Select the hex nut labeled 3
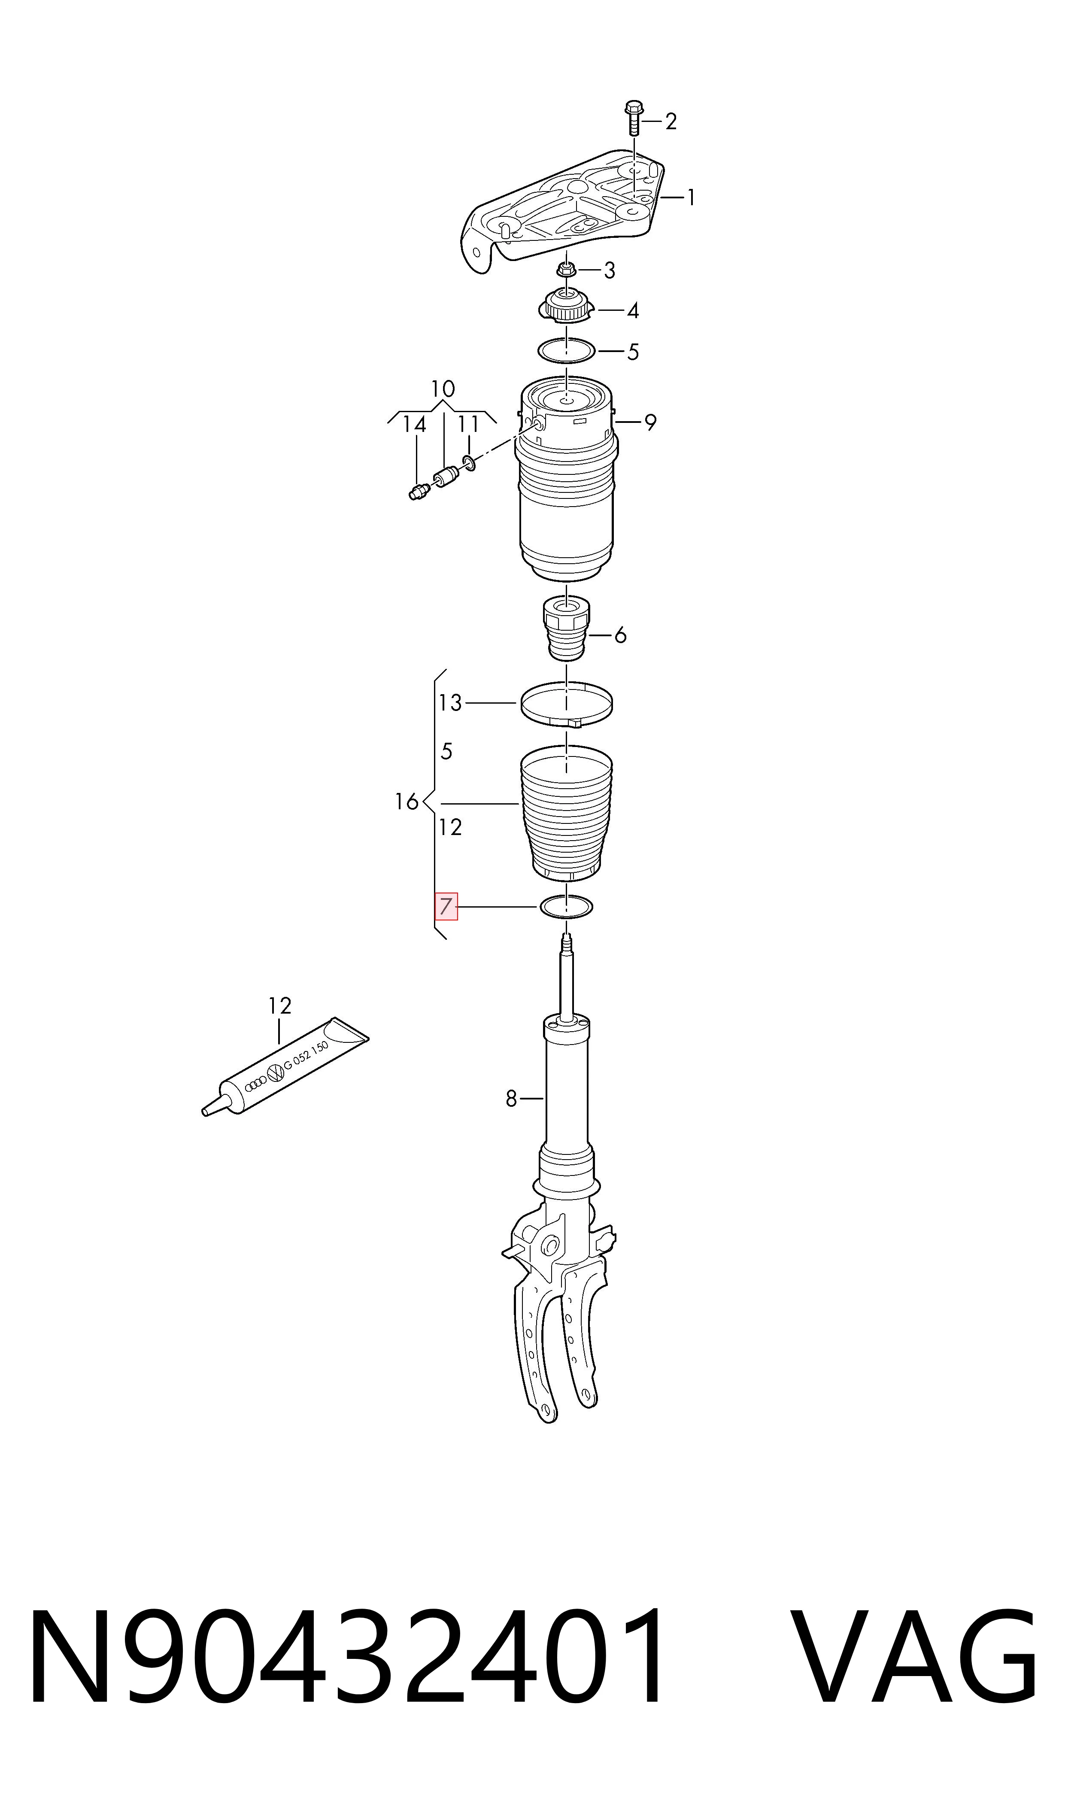pyautogui.click(x=566, y=270)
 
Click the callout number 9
pyautogui.click(x=650, y=423)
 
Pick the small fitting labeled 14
pyautogui.click(x=418, y=492)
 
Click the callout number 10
pyautogui.click(x=443, y=389)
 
